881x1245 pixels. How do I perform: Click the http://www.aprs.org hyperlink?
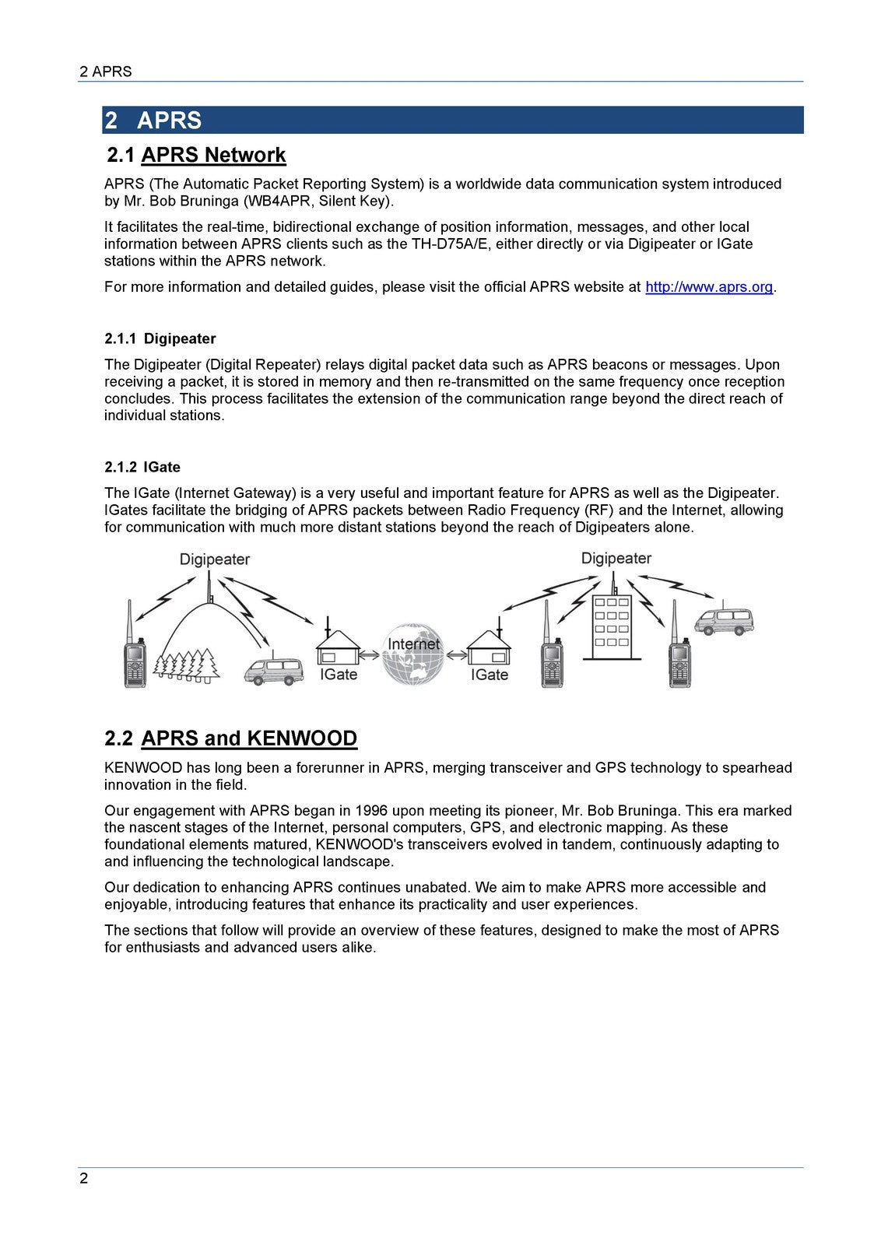click(709, 287)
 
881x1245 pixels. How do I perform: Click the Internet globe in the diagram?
click(413, 654)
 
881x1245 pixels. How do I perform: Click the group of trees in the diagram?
click(187, 664)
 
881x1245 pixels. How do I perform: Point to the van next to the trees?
click(273, 670)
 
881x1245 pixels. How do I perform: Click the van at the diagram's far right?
click(725, 620)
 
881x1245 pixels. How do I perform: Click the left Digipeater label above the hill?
click(214, 559)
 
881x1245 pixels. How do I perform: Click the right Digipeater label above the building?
click(616, 559)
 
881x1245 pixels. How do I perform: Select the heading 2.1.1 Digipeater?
click(160, 338)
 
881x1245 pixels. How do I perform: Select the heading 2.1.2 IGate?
click(142, 467)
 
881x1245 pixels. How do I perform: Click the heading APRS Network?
click(213, 155)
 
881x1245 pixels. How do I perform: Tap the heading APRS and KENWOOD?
click(249, 738)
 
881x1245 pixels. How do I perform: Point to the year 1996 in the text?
click(371, 811)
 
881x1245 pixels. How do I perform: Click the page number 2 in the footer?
click(84, 1178)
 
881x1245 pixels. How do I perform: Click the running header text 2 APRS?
click(106, 72)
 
